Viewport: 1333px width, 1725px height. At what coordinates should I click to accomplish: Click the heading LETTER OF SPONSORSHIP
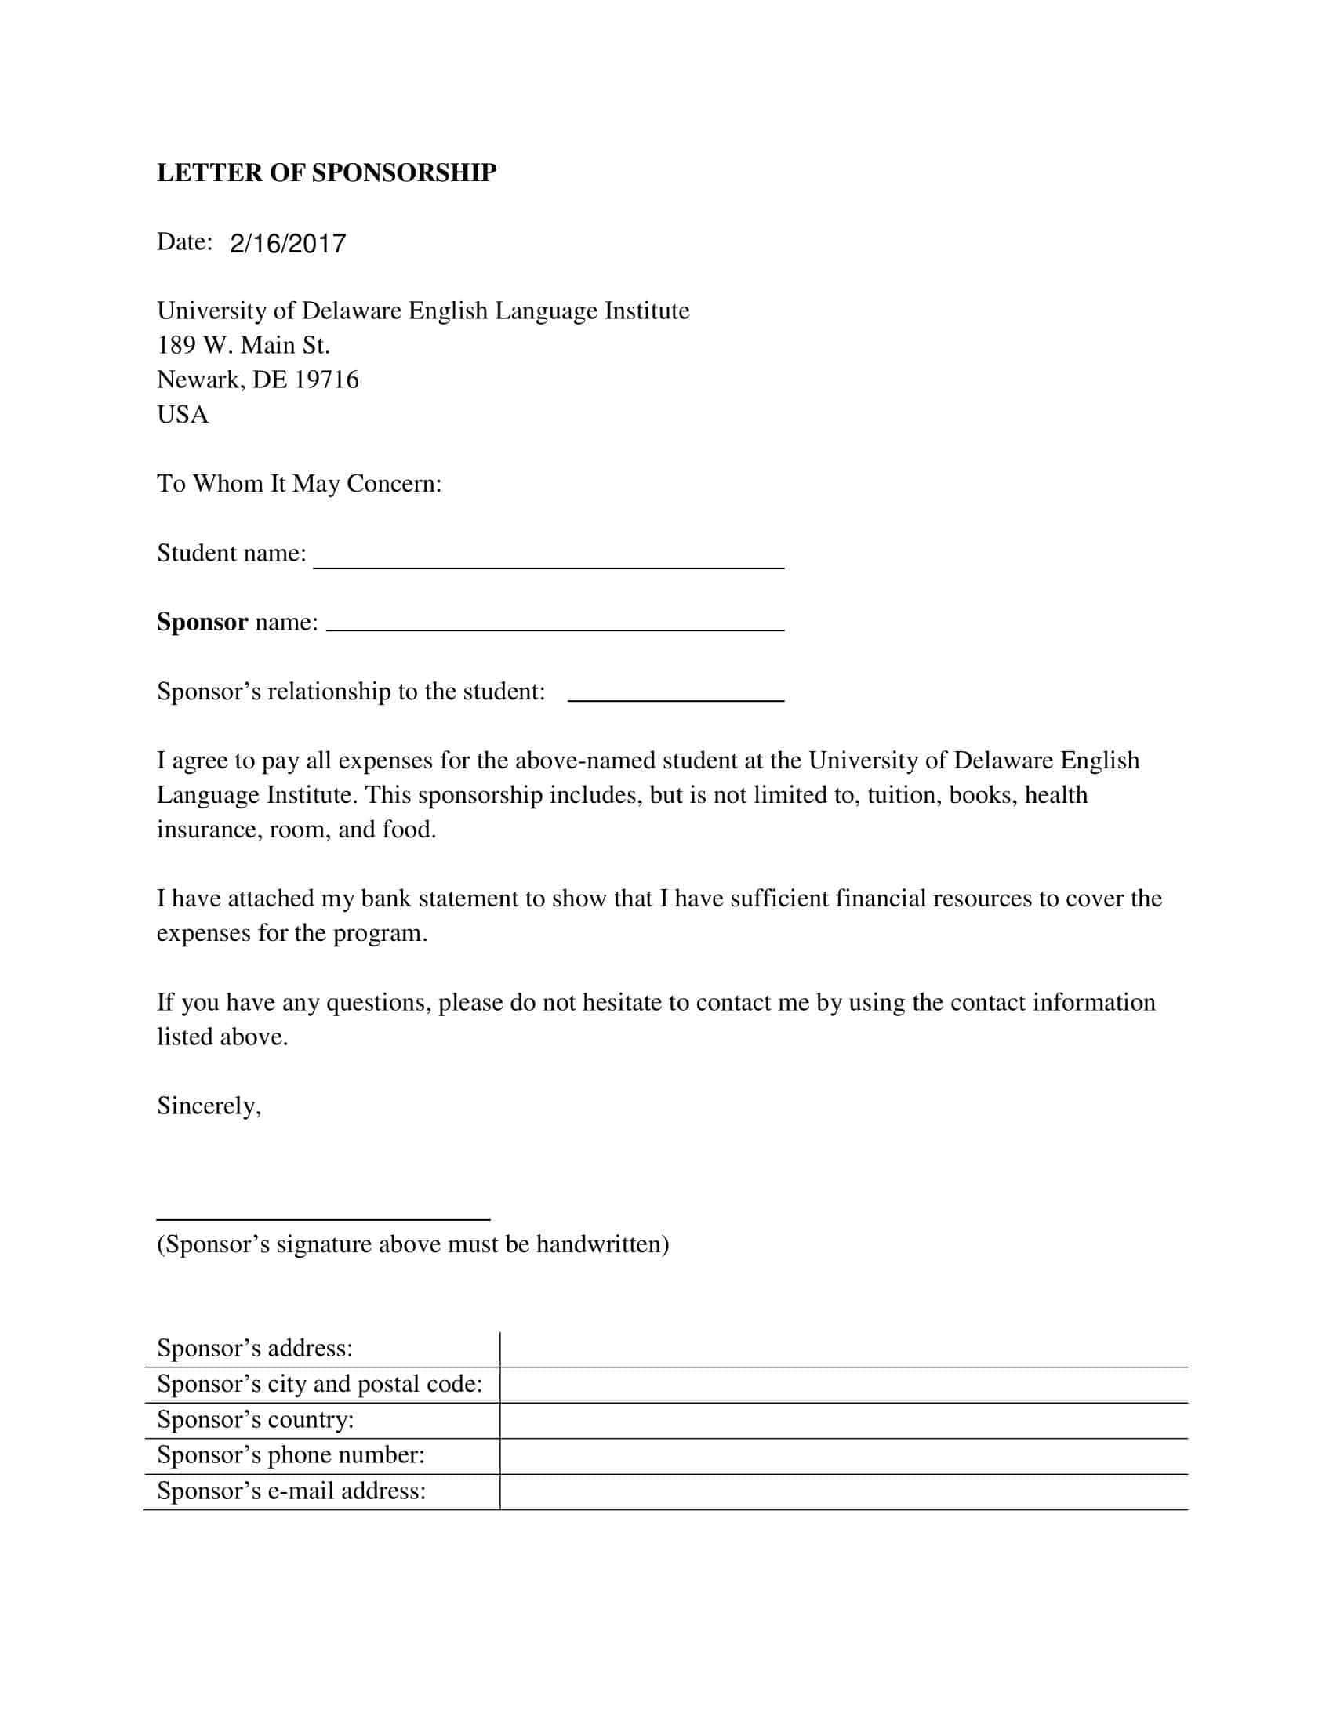coord(326,172)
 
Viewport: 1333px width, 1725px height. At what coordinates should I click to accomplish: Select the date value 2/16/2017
coord(288,243)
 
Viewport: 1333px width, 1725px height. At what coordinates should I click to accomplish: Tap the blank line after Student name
coord(548,558)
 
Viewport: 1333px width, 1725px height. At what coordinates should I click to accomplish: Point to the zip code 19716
coord(326,380)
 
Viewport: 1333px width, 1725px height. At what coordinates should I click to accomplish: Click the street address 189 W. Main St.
coord(243,345)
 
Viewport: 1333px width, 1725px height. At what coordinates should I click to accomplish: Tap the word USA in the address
coord(183,415)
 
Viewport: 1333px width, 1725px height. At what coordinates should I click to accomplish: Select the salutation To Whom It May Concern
coord(300,483)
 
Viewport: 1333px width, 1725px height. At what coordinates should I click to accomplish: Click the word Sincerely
coord(209,1106)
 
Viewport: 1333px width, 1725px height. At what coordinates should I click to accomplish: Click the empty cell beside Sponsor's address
coord(844,1349)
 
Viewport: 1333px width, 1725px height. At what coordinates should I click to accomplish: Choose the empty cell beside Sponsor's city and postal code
coord(844,1385)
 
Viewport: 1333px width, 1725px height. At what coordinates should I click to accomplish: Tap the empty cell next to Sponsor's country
coord(844,1420)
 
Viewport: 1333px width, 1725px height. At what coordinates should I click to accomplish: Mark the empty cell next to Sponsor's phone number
coord(844,1456)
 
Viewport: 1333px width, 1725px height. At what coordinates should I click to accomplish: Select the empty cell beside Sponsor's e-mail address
coord(844,1491)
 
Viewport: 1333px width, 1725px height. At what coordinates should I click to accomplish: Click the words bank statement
coord(441,899)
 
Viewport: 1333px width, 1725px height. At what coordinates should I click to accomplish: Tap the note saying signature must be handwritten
coord(412,1244)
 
